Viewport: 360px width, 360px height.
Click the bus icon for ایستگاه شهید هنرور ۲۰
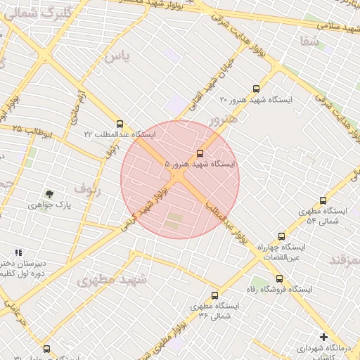[256, 89]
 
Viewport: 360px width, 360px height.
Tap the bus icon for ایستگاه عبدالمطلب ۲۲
[120, 124]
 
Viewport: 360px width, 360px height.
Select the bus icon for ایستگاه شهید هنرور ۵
[200, 153]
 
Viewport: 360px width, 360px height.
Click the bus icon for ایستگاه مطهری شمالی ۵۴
[323, 200]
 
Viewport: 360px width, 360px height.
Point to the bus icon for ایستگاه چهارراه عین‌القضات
[281, 236]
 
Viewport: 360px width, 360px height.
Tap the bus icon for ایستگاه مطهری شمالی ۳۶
[214, 295]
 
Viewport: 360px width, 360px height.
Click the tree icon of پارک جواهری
[49, 193]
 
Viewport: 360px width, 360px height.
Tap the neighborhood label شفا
[309, 41]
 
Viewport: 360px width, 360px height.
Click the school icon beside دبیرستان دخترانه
[18, 252]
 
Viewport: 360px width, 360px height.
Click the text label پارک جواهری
[50, 205]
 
